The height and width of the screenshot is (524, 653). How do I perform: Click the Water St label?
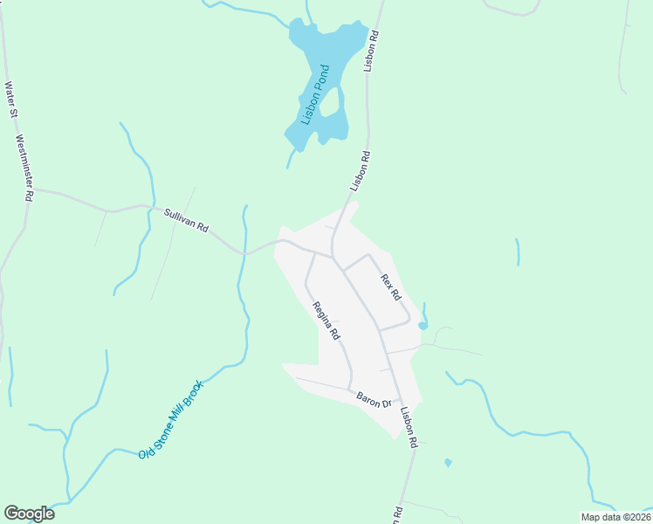(10, 100)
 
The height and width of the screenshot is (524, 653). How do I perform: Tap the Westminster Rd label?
(24, 169)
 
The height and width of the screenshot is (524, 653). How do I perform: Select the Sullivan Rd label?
(186, 219)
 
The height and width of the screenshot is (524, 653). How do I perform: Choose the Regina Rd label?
(326, 321)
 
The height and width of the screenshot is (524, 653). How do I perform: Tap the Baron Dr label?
(373, 401)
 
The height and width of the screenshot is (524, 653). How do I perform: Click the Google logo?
(29, 514)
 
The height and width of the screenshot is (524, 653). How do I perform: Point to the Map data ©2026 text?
(615, 517)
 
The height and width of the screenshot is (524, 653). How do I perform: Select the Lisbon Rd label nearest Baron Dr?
(409, 428)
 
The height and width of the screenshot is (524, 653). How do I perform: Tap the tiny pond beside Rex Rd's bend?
(423, 325)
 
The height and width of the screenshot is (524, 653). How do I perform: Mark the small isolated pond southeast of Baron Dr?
(448, 462)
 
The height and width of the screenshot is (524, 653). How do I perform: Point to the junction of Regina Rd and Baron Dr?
(351, 390)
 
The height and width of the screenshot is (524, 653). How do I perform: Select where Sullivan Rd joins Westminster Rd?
(33, 189)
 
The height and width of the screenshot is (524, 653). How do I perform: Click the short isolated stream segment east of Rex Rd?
(518, 252)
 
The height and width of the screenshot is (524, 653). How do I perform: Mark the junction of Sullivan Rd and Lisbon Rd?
(333, 258)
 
